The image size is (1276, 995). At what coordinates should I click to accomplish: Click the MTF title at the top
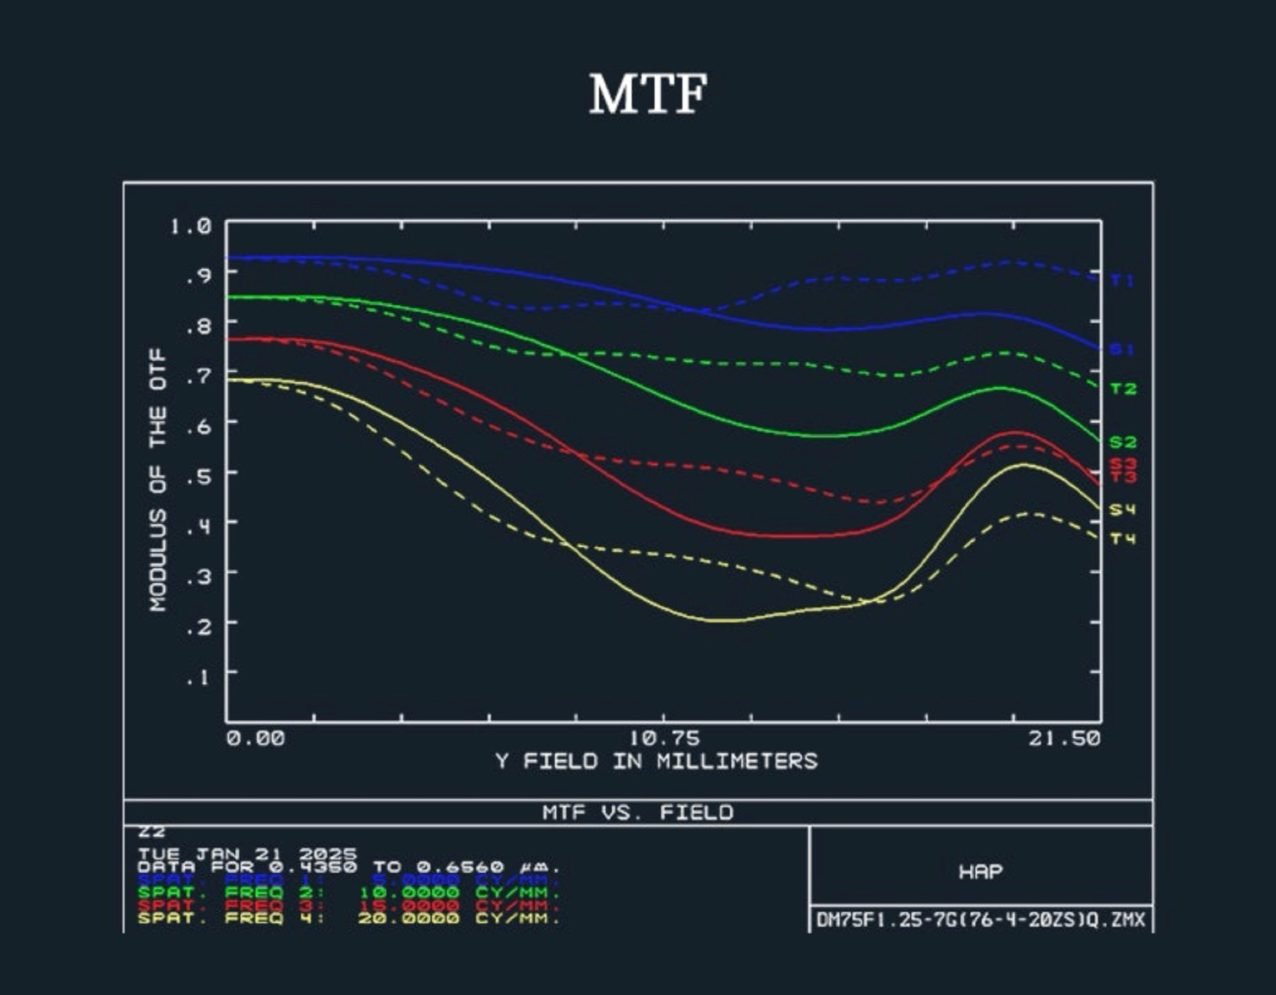coord(648,94)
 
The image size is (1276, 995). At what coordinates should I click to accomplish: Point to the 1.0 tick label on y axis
coord(191,226)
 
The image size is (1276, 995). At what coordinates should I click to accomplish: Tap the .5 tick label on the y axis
coord(198,475)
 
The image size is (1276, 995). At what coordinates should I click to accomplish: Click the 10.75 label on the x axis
coord(664,739)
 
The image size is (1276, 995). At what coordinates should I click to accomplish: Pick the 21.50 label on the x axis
coord(1064,739)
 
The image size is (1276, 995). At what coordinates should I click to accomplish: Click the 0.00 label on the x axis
coord(256,739)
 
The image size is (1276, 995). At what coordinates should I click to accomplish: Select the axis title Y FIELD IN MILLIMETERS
coord(657,761)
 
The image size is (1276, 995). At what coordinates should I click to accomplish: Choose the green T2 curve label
coord(1123,389)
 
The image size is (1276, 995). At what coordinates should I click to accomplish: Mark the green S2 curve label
coord(1123,442)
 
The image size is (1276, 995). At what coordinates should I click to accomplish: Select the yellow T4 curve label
coord(1123,539)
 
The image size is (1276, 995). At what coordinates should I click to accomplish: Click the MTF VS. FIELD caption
coord(638,813)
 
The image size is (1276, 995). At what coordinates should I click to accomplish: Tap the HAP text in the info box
coord(981,871)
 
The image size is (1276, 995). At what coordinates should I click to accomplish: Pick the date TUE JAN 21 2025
coord(248,853)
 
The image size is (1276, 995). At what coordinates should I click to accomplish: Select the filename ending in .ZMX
coord(981,920)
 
